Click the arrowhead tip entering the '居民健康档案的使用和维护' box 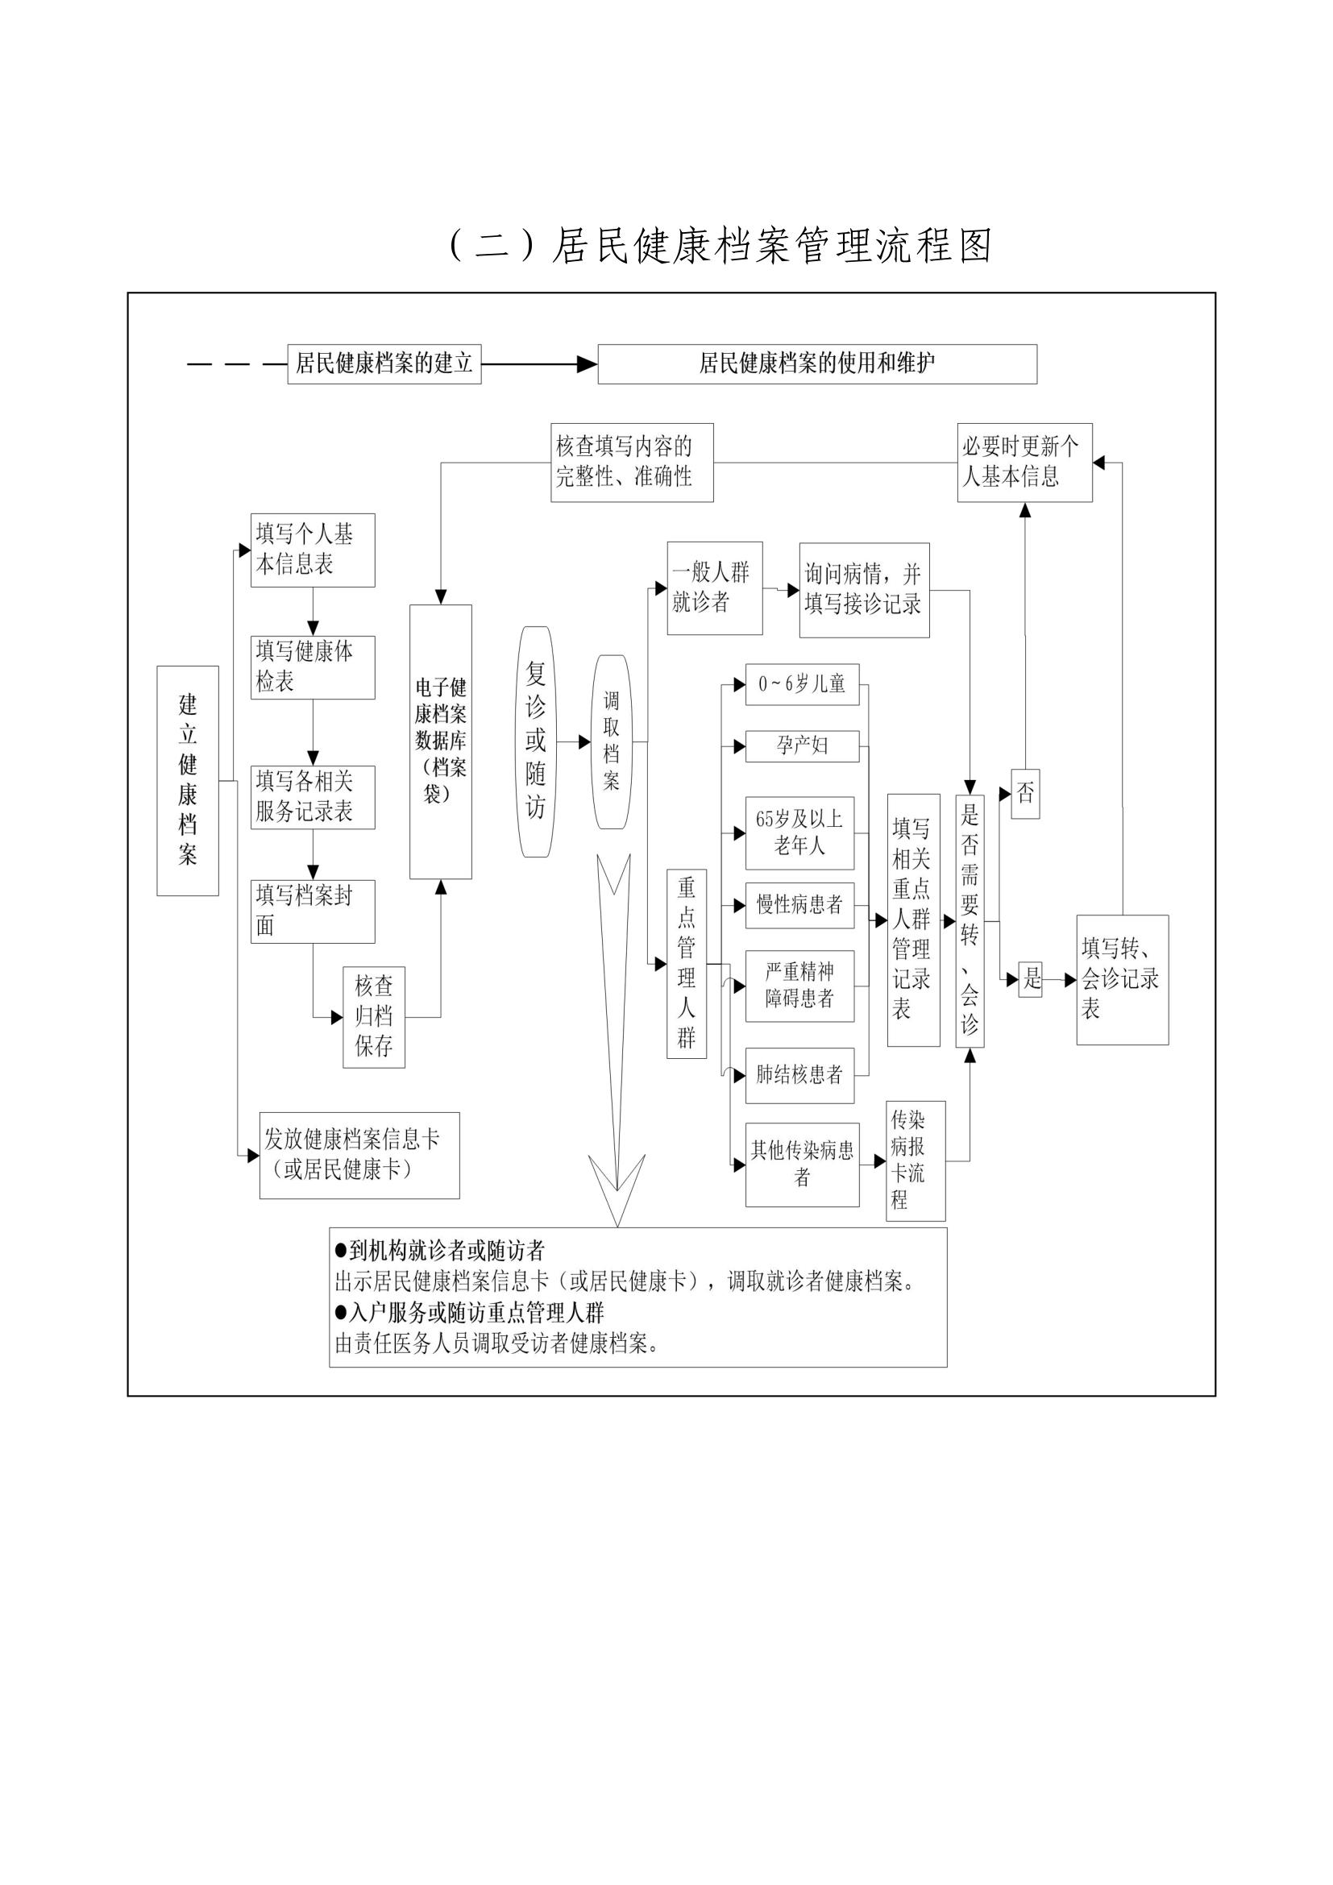pos(597,363)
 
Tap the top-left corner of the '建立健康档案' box pos(157,666)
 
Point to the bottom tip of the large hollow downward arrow pos(617,1227)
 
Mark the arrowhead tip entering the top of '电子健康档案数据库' pos(441,605)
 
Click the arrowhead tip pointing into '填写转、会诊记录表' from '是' pos(1077,980)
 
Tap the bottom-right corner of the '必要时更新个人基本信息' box pos(1093,501)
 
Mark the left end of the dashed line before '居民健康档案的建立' pos(188,363)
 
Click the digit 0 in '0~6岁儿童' pos(762,684)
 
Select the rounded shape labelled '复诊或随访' pos(536,741)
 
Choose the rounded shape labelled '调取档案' pos(612,741)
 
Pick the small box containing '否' pos(1025,793)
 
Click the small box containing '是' pos(1031,978)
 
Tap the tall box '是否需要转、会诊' pos(970,921)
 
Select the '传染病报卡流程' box pos(916,1160)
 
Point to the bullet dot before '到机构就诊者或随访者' pos(342,1252)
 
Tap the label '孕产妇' pos(802,745)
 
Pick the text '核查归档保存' pos(374,1015)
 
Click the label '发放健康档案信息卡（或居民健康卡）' pos(353,1154)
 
